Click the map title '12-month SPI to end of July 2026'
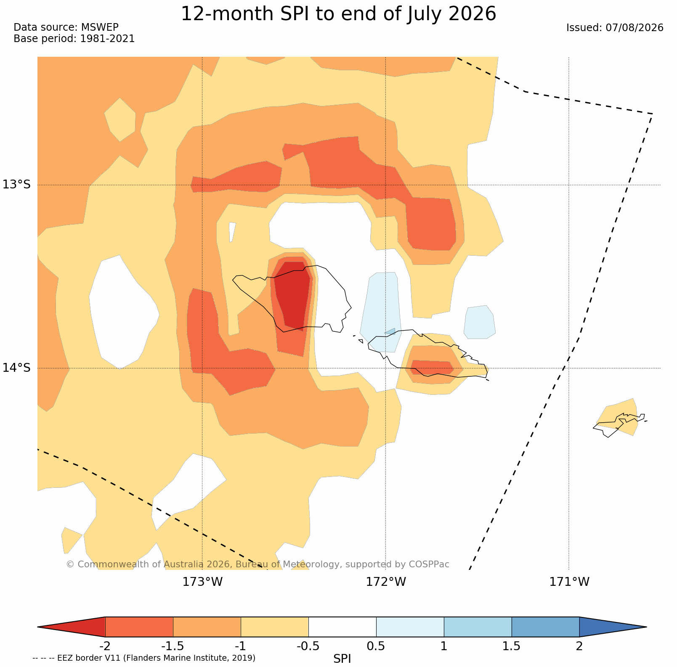coord(338,14)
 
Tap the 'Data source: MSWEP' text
coord(66,27)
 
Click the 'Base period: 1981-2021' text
coord(74,39)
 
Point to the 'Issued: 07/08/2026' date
coord(615,28)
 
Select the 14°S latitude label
coord(17,368)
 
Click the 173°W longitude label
coord(202,582)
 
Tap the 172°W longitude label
coord(386,582)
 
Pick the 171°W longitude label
coord(569,582)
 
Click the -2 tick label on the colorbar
coord(105,646)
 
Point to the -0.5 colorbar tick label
coord(308,646)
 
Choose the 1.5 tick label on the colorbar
coord(512,646)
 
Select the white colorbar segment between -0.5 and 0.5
coord(342,627)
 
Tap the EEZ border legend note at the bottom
coord(144,658)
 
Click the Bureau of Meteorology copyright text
coord(258,564)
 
